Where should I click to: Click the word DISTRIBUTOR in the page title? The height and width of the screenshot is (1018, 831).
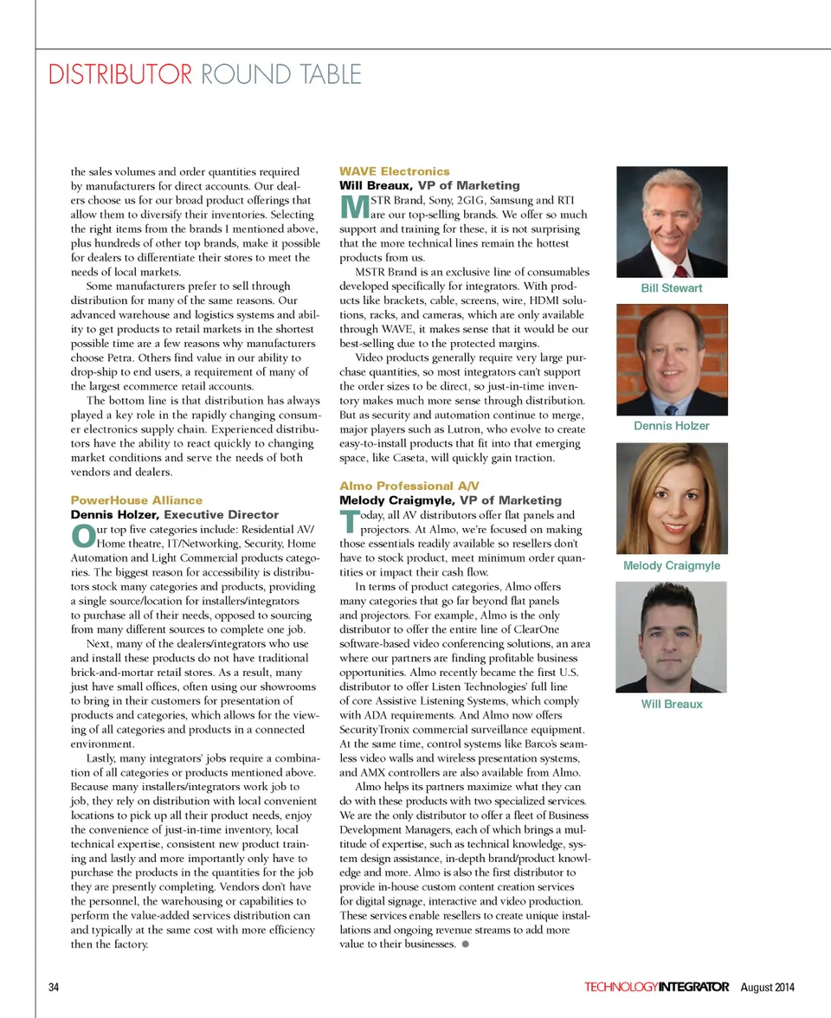click(x=119, y=74)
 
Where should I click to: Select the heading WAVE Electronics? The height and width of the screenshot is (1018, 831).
click(x=394, y=171)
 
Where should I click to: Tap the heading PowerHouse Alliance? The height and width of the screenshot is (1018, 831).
click(x=136, y=500)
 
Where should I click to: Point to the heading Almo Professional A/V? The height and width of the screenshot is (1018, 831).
click(x=409, y=486)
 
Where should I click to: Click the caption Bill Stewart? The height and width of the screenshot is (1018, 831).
click(x=671, y=288)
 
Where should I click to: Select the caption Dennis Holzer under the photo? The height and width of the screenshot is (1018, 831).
click(x=671, y=426)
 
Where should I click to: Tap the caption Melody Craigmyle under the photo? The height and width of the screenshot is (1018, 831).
click(x=671, y=565)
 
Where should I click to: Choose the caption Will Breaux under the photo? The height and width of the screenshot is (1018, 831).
click(x=671, y=704)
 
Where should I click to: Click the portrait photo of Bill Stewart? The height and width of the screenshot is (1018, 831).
click(x=671, y=222)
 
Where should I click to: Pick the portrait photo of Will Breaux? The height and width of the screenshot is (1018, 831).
click(x=671, y=636)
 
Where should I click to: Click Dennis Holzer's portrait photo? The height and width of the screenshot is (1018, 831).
click(x=671, y=359)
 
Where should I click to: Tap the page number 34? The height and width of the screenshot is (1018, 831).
click(x=54, y=988)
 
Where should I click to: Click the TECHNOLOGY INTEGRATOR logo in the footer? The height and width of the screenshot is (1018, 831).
click(x=656, y=988)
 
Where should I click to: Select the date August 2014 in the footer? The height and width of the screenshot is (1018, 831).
click(x=768, y=988)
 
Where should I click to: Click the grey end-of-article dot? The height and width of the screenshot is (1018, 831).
click(x=466, y=944)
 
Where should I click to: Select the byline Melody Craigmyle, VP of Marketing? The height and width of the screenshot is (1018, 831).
click(x=450, y=500)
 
